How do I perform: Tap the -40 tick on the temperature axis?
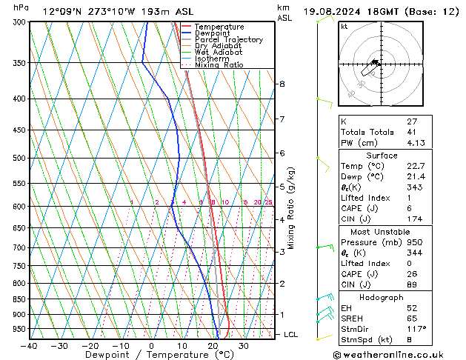[29, 345]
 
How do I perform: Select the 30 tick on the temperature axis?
[244, 345]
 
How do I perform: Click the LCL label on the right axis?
[292, 335]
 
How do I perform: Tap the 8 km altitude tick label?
[282, 84]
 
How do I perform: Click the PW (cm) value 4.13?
[416, 143]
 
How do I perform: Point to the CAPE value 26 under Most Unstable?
[413, 274]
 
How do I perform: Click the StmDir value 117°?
[416, 329]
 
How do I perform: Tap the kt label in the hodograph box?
[344, 27]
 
